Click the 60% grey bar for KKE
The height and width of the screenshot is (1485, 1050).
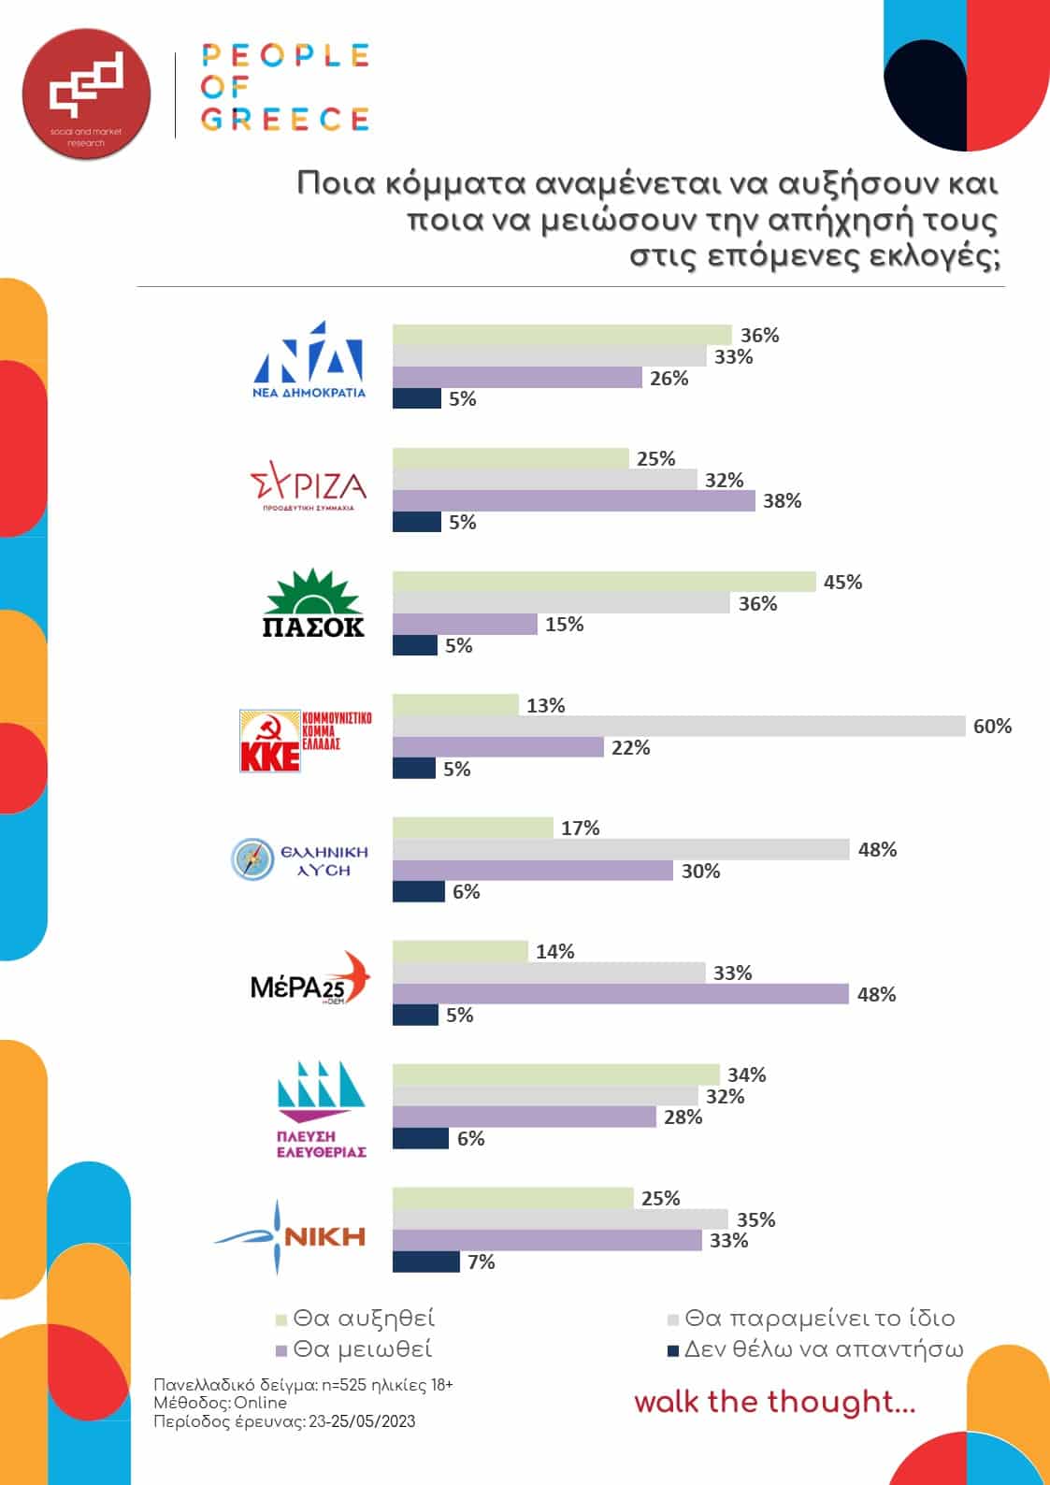[x=679, y=727]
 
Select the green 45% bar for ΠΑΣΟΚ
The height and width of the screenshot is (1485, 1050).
[x=604, y=582]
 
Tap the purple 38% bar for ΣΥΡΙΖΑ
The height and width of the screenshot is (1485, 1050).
[x=573, y=501]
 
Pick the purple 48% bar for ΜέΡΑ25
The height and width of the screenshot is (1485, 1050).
[x=620, y=994]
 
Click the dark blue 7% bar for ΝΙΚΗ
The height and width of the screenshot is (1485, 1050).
[x=426, y=1262]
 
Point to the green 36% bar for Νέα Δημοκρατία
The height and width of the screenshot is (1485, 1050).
[x=562, y=335]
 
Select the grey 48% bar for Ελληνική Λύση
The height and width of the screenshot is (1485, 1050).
[x=621, y=849]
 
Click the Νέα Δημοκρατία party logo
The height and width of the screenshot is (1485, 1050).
[x=309, y=360]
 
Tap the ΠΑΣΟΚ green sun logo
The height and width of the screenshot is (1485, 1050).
[x=312, y=604]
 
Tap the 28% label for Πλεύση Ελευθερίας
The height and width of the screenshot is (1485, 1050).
[x=683, y=1117]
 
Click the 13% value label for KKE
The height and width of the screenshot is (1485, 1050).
[x=545, y=706]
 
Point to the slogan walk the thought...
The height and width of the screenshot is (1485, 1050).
[x=774, y=1402]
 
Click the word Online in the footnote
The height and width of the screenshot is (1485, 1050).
[x=260, y=1403]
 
